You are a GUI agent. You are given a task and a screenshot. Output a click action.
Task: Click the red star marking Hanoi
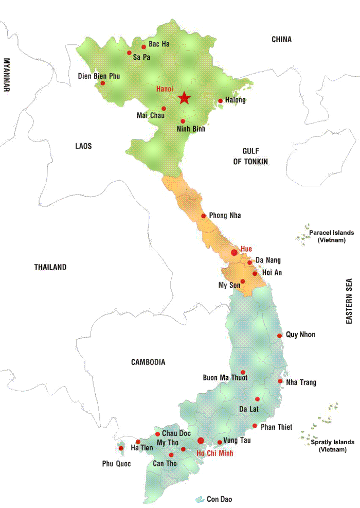184,98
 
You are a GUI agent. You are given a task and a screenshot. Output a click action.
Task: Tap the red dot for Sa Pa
129,52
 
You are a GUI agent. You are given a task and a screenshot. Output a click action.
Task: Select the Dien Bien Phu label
99,76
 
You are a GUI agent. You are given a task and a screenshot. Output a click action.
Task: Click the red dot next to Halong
220,101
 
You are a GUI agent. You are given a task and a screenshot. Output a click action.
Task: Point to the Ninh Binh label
191,129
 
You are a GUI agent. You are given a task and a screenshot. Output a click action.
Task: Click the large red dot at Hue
234,253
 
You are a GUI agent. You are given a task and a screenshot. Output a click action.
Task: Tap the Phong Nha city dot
203,216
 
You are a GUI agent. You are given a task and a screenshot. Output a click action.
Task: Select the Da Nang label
268,260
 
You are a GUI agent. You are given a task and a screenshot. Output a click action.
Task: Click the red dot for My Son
243,282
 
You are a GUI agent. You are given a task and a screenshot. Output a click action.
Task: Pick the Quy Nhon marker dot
279,336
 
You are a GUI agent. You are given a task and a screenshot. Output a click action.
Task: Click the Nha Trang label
301,382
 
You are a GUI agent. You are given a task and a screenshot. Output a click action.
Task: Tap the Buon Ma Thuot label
225,377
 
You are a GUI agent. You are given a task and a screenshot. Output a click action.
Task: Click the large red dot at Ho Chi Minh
201,441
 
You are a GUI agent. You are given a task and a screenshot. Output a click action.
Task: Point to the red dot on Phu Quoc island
121,448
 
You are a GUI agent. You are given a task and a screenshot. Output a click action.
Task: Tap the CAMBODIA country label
148,362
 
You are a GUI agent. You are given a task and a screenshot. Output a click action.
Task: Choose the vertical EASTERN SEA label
349,301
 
